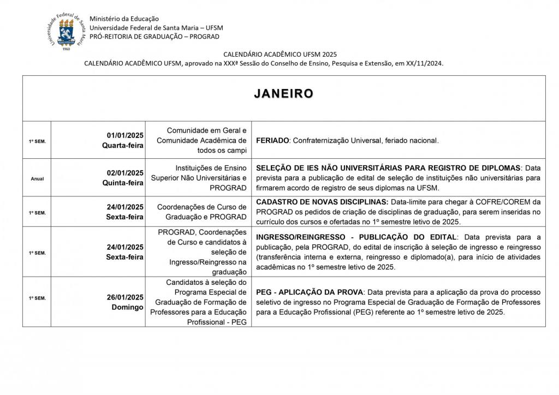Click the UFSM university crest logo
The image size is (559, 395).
point(66,31)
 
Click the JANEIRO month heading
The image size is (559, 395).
point(283,94)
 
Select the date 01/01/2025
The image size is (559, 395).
point(125,135)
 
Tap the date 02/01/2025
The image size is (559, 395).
point(125,173)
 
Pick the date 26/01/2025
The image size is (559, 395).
point(125,297)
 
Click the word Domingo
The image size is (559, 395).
point(128,307)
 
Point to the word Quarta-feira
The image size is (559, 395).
point(123,145)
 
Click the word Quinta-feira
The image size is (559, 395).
point(123,183)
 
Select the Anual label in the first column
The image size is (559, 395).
point(37,178)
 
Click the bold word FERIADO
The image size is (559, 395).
point(272,141)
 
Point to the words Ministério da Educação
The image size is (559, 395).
point(122,19)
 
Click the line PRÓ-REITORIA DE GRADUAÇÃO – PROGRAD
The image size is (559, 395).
point(154,37)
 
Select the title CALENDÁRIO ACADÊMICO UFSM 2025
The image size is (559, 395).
point(280,54)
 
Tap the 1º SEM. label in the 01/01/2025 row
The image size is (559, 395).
point(37,141)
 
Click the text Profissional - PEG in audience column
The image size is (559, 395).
point(217,322)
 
